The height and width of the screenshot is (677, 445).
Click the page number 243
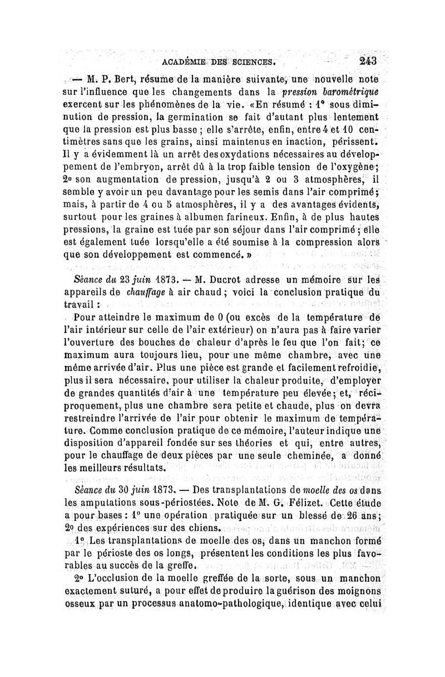(368, 60)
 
